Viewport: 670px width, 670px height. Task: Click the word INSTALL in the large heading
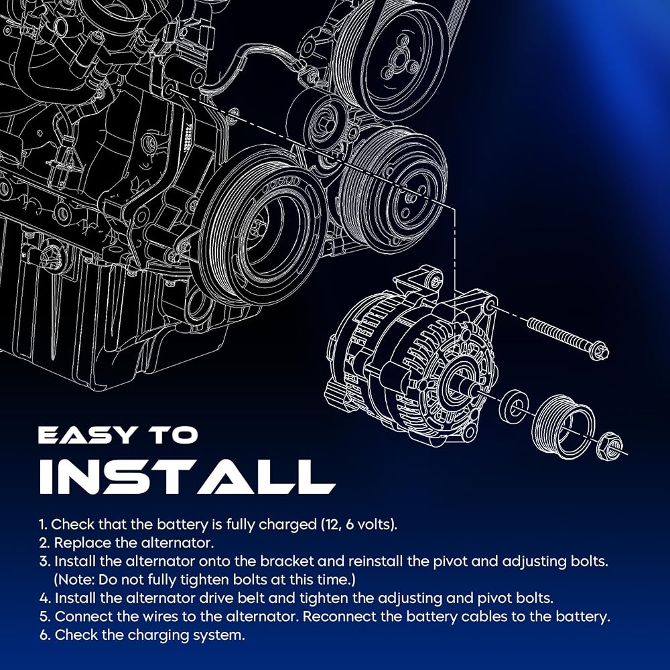(x=187, y=477)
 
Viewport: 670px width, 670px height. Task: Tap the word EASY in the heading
(x=86, y=435)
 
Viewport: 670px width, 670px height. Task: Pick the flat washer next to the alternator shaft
(x=513, y=405)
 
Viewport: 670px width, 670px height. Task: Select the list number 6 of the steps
(x=44, y=635)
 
